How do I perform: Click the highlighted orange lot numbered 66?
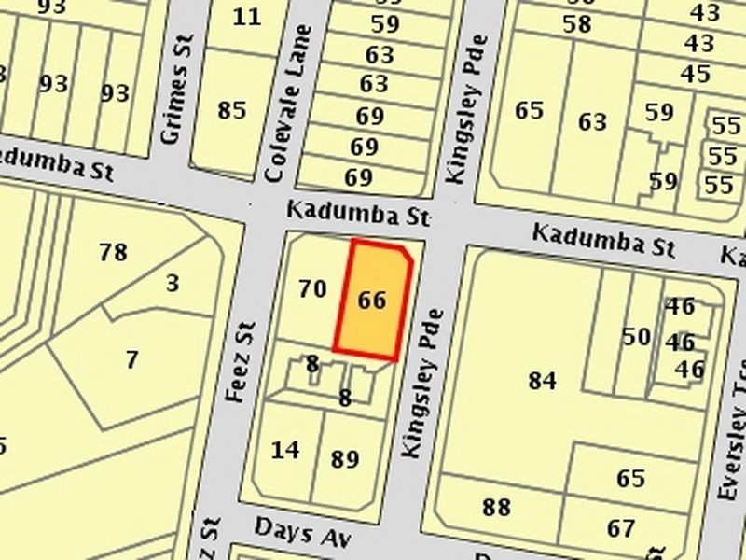tap(372, 301)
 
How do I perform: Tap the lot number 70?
tap(312, 288)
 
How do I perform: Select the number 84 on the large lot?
tap(542, 381)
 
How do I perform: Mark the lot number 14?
tap(285, 450)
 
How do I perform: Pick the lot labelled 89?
tap(345, 459)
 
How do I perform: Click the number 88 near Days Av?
tap(496, 508)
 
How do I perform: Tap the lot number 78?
tap(113, 252)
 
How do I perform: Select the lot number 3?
tap(173, 283)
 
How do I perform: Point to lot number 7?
tap(131, 359)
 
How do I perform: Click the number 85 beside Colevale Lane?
tap(232, 110)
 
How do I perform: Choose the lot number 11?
tap(247, 17)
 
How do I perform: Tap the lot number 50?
tap(636, 336)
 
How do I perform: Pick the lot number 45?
tap(696, 74)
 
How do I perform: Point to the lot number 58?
tap(577, 24)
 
